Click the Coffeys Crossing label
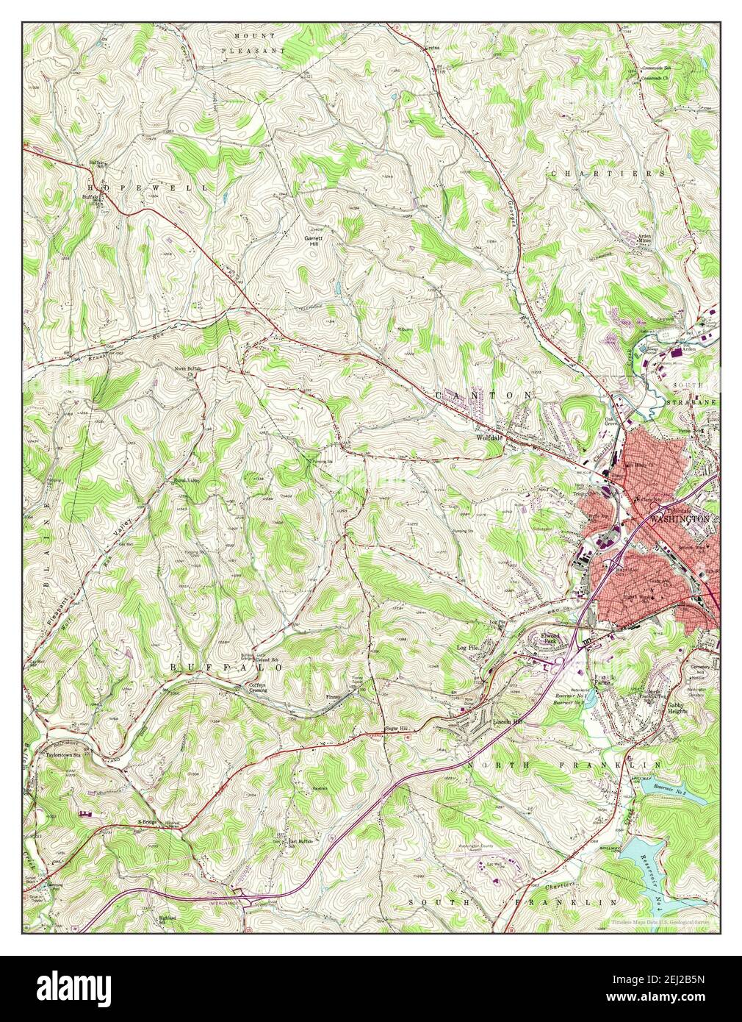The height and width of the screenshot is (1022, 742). pyautogui.click(x=257, y=687)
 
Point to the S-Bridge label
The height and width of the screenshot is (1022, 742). pyautogui.click(x=148, y=821)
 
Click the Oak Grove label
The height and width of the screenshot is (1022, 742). pyautogui.click(x=611, y=423)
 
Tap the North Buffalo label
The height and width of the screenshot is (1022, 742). pyautogui.click(x=187, y=368)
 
